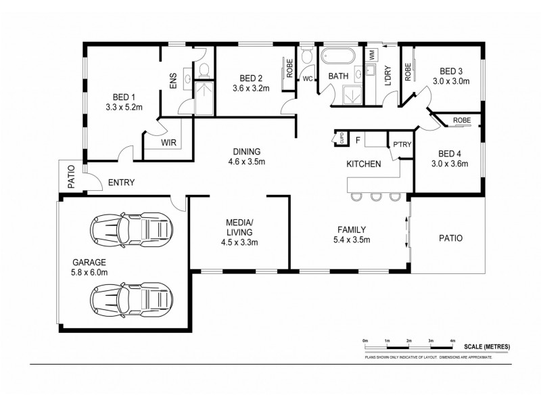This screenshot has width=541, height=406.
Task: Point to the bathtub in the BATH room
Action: (x=335, y=57)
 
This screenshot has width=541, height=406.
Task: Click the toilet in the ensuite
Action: (x=203, y=69)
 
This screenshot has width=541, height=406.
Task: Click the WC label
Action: (x=307, y=79)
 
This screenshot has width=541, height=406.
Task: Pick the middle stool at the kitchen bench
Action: (x=375, y=198)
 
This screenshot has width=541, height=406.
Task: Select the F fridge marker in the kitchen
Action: (x=358, y=141)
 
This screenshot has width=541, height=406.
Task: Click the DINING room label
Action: (x=245, y=152)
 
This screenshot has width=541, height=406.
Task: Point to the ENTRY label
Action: (x=121, y=182)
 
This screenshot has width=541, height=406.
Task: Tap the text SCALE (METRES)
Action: (x=487, y=346)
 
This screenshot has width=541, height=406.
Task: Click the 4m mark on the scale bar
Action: (x=452, y=340)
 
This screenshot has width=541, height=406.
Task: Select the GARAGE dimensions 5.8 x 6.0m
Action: (x=90, y=272)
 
